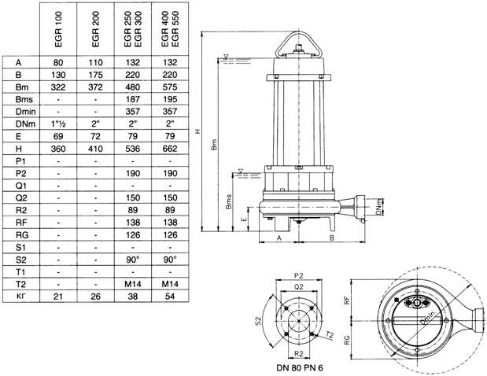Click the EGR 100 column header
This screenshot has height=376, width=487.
[58, 29]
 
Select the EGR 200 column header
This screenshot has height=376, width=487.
[95, 29]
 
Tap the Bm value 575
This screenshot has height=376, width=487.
[170, 87]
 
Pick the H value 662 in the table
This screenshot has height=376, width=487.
[170, 149]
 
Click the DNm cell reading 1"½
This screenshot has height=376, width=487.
[58, 123]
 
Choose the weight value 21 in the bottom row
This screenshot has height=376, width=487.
[58, 297]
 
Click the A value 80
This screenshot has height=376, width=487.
[58, 62]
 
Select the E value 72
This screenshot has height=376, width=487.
[95, 136]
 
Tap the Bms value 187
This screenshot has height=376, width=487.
[133, 99]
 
